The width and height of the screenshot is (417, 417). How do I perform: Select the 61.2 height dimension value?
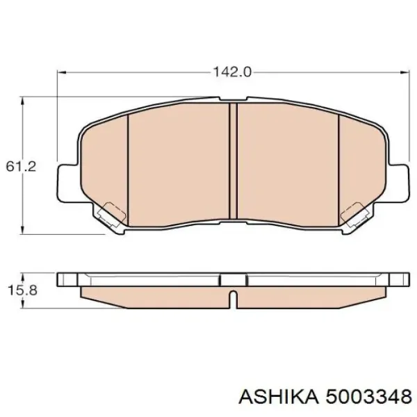(x=15, y=167)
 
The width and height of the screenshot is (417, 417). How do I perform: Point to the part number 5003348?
(x=363, y=395)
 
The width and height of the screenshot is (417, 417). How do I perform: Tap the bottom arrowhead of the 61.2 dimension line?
(x=24, y=233)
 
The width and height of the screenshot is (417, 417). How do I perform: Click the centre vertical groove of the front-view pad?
(x=233, y=163)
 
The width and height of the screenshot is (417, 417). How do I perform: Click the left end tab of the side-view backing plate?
(x=68, y=279)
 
